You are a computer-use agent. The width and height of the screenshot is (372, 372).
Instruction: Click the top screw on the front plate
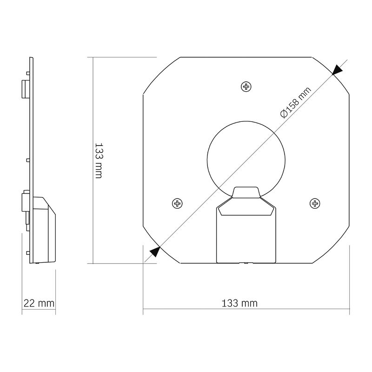(246, 86)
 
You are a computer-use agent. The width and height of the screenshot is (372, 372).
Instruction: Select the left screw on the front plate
(177, 203)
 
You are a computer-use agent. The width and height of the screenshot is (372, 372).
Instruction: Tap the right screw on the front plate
(315, 203)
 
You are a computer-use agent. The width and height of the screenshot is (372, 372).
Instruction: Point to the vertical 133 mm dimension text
(99, 160)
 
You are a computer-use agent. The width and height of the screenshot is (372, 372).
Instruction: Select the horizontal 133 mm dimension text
(239, 303)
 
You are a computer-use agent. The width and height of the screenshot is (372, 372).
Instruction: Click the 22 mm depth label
(39, 303)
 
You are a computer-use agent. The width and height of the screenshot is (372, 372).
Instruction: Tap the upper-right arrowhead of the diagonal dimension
(337, 69)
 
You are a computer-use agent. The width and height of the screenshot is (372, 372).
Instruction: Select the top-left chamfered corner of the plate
(161, 74)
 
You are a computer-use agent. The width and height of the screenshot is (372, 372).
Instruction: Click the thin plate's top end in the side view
(32, 60)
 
